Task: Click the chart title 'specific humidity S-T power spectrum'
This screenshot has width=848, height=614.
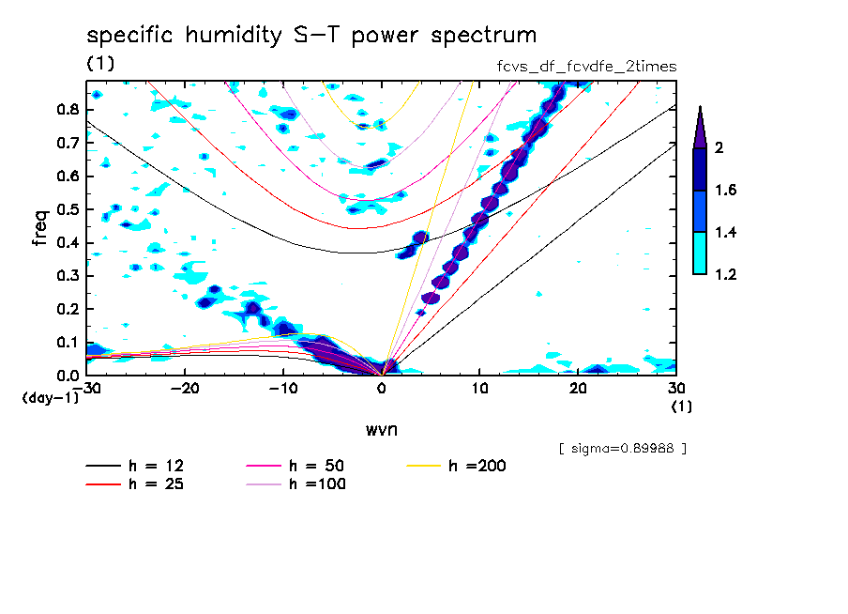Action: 311,37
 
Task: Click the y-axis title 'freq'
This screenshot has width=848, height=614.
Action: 40,227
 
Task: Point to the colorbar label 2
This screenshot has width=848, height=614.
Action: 721,148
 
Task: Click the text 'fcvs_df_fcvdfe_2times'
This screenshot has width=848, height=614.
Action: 587,67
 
